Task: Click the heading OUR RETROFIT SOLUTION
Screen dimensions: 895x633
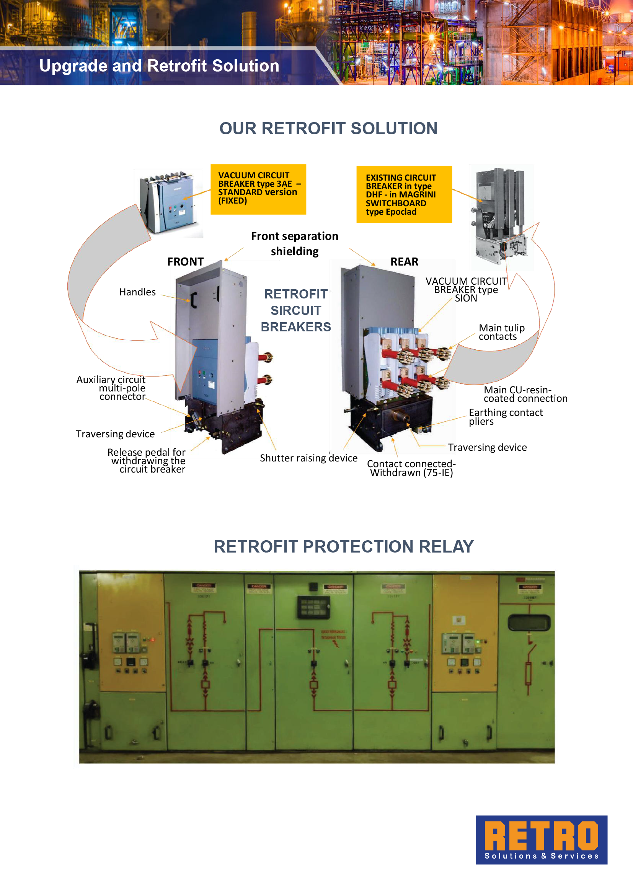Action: (x=328, y=129)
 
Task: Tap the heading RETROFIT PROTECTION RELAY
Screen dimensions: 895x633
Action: (x=343, y=546)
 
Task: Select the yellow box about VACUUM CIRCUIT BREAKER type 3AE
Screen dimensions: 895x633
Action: (x=258, y=189)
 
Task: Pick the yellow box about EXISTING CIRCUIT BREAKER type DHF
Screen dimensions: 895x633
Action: (x=404, y=194)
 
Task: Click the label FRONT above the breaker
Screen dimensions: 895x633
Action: (x=186, y=262)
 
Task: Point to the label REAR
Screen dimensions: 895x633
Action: (x=404, y=262)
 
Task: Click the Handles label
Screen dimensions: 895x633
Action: (x=138, y=292)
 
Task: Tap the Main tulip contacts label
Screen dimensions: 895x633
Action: (x=501, y=332)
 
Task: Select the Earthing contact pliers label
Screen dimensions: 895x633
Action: (x=505, y=417)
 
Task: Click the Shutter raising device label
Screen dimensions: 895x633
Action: (x=308, y=458)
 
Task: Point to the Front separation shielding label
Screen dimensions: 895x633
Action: (x=295, y=244)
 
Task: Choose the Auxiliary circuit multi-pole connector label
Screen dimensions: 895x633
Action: (x=111, y=388)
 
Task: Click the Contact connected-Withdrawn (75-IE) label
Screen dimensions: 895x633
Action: (x=411, y=468)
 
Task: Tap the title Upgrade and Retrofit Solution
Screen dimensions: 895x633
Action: (x=159, y=66)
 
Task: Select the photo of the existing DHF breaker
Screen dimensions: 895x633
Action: (x=501, y=216)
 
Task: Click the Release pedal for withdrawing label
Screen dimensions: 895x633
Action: (x=147, y=461)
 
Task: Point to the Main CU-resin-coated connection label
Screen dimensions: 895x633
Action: (x=525, y=394)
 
